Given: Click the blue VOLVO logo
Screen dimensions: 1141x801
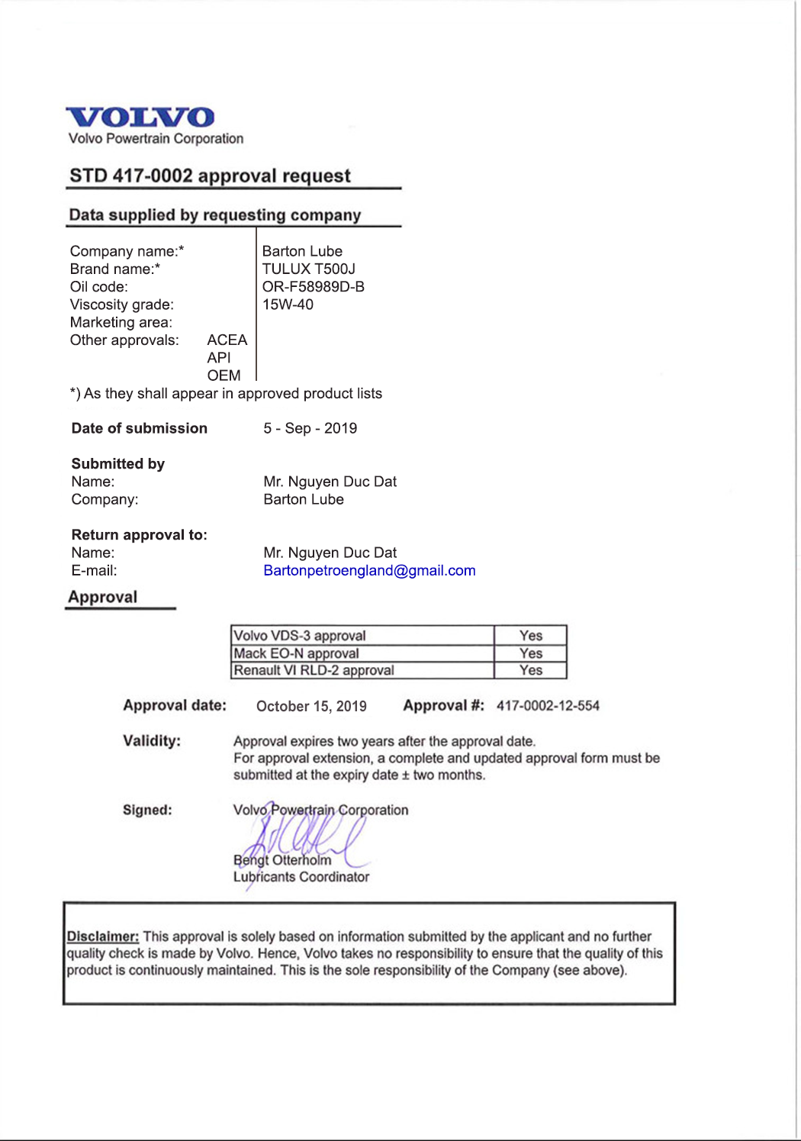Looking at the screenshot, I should point(140,117).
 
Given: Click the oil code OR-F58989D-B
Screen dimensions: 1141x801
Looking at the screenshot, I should point(313,287).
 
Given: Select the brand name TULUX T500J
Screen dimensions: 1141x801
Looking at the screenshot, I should point(308,269).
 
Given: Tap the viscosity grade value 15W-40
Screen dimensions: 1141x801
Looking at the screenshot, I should point(288,305).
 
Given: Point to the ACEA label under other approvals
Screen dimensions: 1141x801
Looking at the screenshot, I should point(227,340).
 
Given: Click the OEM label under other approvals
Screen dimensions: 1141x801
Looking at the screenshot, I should point(224,375).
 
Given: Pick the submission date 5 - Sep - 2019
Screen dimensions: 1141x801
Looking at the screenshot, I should point(310,428).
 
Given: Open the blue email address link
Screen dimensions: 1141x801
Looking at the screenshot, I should point(369,571).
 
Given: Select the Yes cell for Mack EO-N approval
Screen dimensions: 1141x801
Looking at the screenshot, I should point(531,653).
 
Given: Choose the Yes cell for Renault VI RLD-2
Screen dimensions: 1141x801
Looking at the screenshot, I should point(531,670).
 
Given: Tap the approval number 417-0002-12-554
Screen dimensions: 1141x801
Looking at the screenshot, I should point(548,706).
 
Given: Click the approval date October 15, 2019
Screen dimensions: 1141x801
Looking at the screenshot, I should point(311,707).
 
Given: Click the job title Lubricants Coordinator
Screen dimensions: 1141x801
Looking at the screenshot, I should point(301,878).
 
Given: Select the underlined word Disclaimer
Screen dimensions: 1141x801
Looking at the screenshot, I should point(102,936).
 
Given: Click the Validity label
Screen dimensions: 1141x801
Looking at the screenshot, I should point(152,740).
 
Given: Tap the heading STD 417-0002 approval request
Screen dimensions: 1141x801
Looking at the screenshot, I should point(210,176).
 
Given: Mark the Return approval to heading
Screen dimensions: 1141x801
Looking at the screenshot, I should point(139,535).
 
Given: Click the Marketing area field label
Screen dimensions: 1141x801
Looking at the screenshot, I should point(121,323).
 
